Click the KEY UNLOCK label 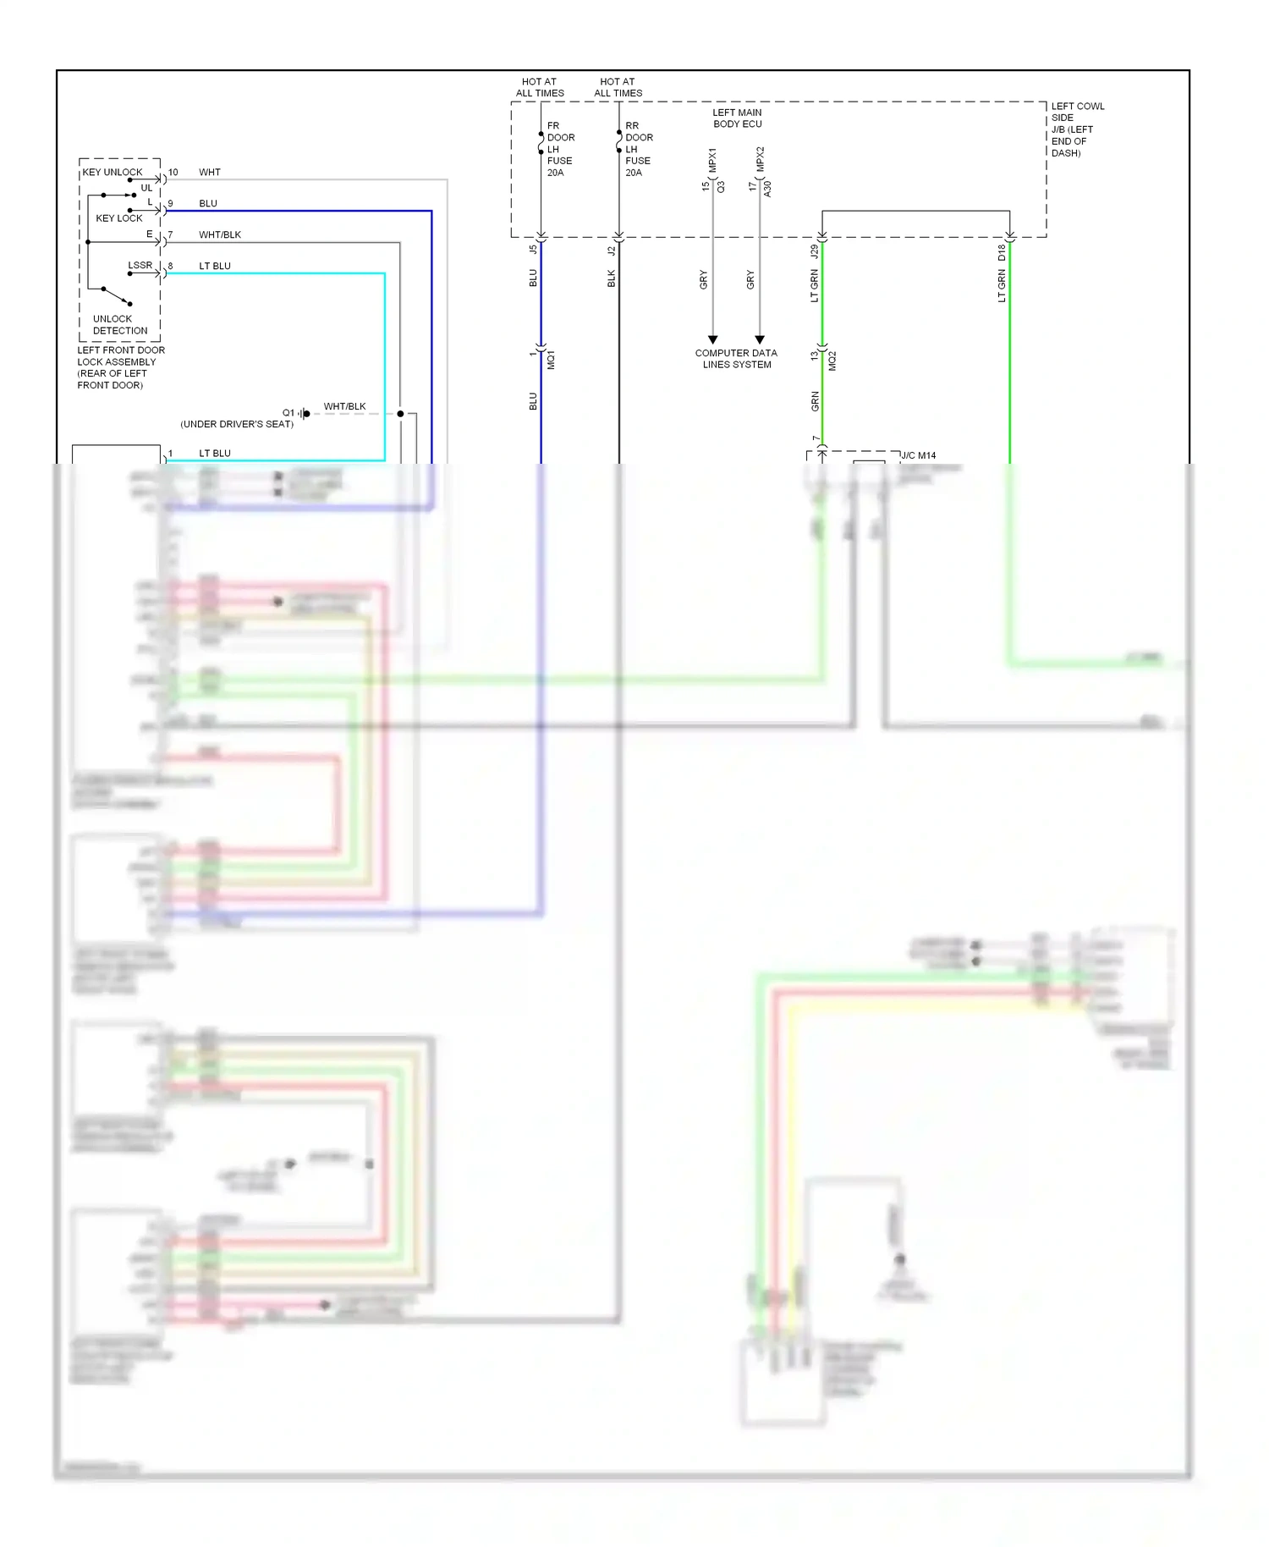pos(113,172)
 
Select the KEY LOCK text pos(119,218)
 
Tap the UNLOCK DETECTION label pos(119,325)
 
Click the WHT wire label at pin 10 pos(210,173)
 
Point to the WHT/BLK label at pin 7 pos(220,235)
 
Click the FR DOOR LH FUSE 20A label pos(560,149)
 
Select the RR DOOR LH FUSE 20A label pos(639,149)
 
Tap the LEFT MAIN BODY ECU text pos(737,118)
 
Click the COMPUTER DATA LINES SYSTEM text pos(736,359)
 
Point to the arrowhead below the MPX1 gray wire pos(713,339)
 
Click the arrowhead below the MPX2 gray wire pos(760,339)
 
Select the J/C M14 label pos(919,455)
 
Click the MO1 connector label pos(551,360)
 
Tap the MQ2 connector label pos(832,361)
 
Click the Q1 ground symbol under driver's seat pos(305,414)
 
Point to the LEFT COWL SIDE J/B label pos(1077,129)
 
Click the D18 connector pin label pos(1002,251)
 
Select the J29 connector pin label pos(814,251)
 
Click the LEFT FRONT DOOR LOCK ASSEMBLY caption pos(120,367)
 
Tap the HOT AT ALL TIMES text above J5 pos(540,88)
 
